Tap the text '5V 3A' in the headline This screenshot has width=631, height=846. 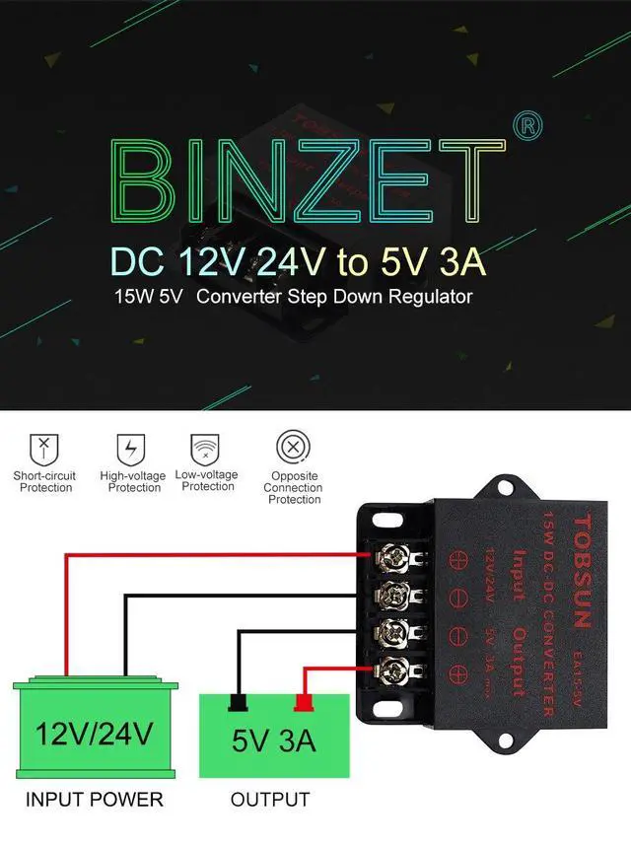pyautogui.click(x=436, y=262)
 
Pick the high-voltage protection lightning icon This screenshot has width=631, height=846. pyautogui.click(x=130, y=450)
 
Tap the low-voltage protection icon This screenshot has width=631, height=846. pyautogui.click(x=206, y=449)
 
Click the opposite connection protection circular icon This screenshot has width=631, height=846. pyautogui.click(x=293, y=449)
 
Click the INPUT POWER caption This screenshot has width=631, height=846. pyautogui.click(x=94, y=799)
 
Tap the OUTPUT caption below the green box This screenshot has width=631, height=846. pyautogui.click(x=270, y=799)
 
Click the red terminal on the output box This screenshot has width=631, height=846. pyautogui.click(x=304, y=703)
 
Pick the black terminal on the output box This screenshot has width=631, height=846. pyautogui.click(x=238, y=703)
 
